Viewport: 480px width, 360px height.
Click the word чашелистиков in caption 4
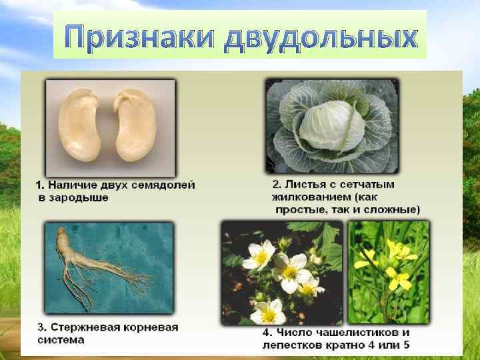361,332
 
